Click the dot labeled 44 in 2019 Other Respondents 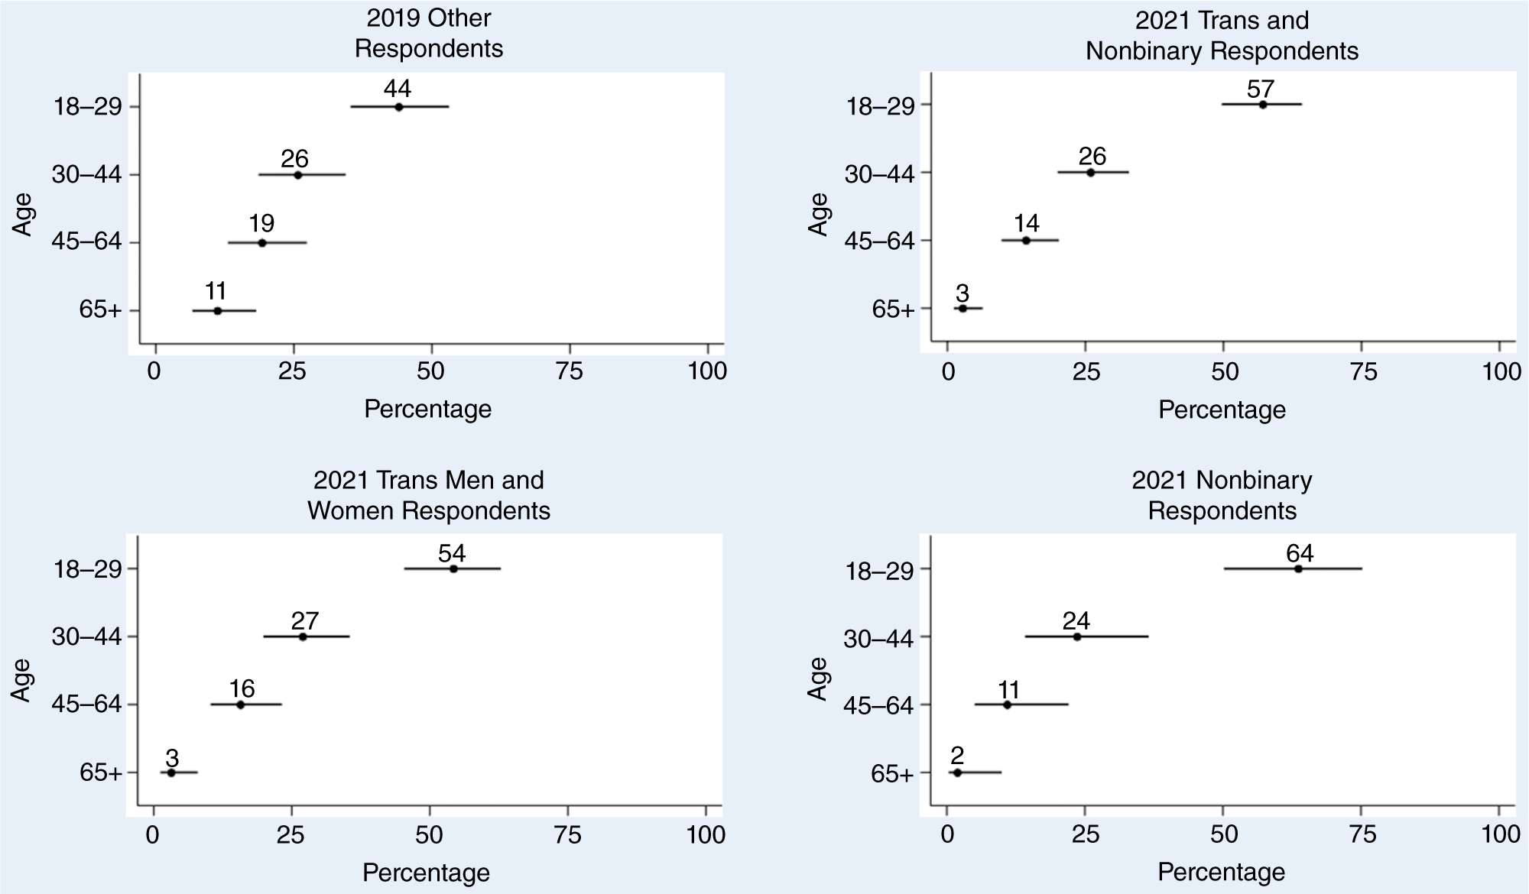(398, 107)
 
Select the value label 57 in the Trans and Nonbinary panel (1261, 89)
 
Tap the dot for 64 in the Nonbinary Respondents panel (1298, 568)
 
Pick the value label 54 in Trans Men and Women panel (452, 552)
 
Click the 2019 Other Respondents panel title (429, 33)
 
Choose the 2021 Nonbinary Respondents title (1222, 495)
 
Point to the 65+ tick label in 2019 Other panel (101, 311)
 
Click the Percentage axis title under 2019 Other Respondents (427, 409)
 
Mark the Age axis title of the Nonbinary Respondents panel (817, 679)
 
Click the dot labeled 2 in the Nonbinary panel (957, 773)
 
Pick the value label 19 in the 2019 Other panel (261, 224)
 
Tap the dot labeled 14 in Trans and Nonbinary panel (1026, 240)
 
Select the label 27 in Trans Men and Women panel (304, 620)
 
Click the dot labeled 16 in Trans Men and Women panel (240, 705)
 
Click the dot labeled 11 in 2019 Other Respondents (217, 311)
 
